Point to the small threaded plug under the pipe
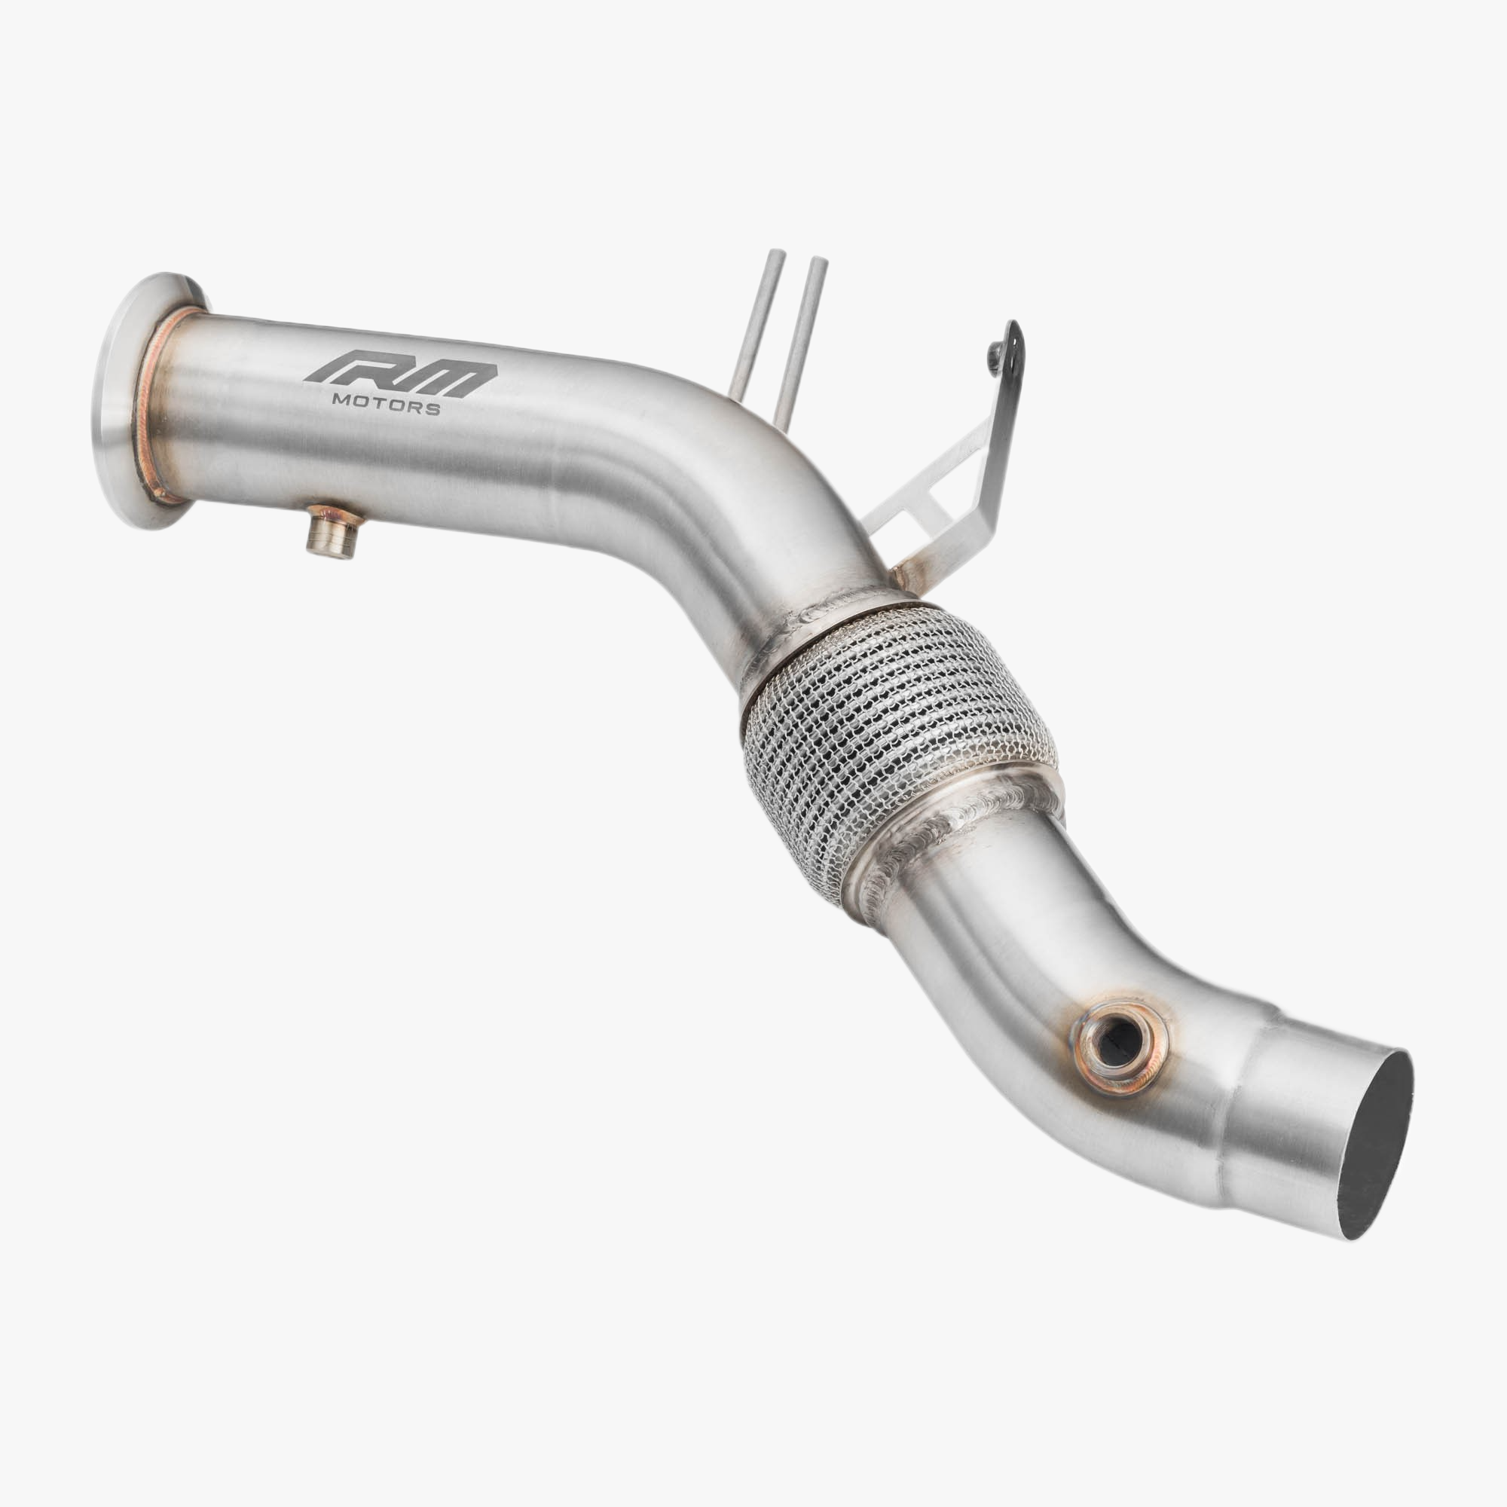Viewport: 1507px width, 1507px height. click(x=331, y=533)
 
